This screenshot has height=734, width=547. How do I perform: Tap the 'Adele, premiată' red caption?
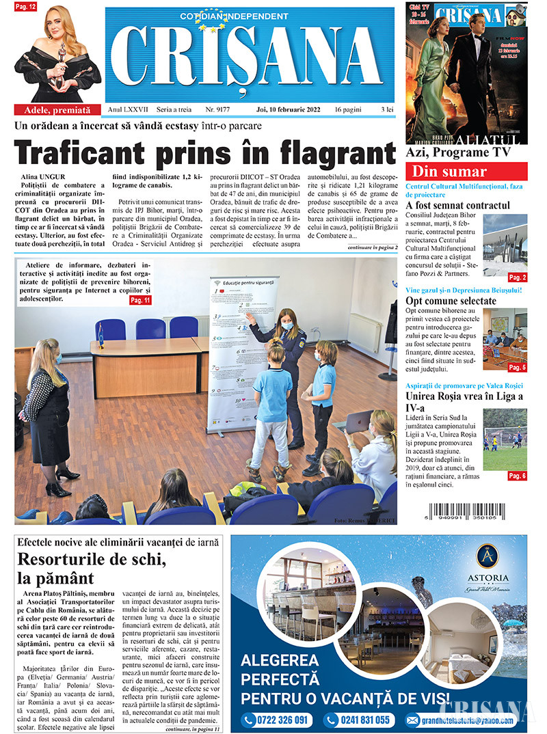(57, 109)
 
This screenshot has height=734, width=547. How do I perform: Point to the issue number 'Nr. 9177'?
(219, 109)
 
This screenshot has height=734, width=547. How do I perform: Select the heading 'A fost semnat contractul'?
(457, 205)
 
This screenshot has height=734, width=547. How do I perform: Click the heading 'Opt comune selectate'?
(451, 301)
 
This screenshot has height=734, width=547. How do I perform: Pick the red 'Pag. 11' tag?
(140, 300)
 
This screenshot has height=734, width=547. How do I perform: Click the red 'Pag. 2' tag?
(517, 277)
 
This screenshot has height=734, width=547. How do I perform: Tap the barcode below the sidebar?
(468, 513)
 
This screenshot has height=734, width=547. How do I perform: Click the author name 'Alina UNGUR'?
(44, 177)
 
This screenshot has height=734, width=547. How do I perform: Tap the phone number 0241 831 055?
(357, 720)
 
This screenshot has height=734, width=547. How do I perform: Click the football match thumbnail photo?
(505, 438)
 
